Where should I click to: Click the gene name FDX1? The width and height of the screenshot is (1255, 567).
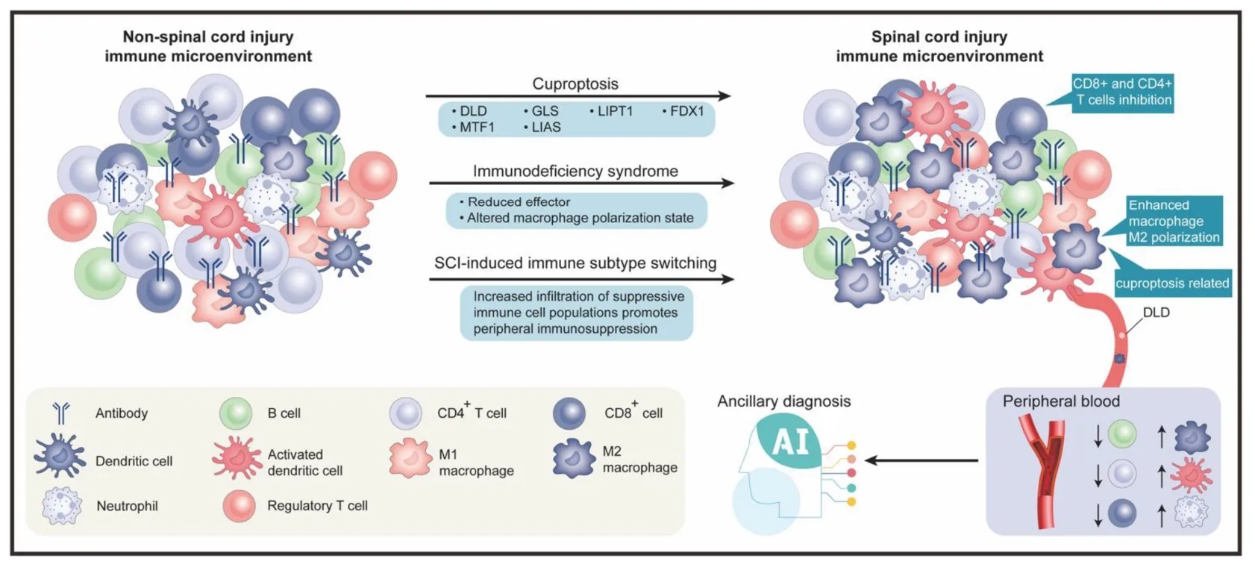686,111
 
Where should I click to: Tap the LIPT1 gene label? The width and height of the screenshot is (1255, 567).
615,111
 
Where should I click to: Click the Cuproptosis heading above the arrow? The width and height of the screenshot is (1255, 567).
575,84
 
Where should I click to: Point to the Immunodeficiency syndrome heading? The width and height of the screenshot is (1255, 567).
575,171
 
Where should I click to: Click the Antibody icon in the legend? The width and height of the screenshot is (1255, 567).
61,413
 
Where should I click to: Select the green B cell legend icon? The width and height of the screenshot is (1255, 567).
237,413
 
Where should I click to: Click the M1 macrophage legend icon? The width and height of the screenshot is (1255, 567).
410,458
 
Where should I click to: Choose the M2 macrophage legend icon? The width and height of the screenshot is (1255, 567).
573,458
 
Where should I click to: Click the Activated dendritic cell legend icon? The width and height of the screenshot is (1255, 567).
236,458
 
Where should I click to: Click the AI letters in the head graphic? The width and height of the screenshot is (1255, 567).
790,442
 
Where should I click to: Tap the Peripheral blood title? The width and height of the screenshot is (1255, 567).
1061,401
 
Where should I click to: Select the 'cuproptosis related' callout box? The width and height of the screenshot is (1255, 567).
1171,283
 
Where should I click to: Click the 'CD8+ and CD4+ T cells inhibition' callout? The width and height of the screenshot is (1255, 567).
1122,93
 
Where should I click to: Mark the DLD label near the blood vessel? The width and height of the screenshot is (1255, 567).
1156,313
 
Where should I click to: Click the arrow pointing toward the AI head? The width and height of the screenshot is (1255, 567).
921,460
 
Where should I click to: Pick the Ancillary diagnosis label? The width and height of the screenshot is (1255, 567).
783,401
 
